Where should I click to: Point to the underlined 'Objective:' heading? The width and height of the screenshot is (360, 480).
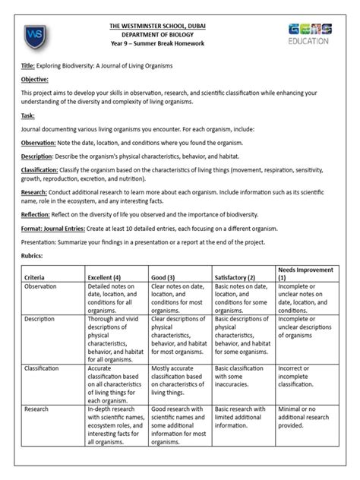(34, 79)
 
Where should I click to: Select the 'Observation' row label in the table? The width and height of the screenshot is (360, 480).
(43, 288)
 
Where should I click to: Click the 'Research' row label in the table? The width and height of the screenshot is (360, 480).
(39, 409)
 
